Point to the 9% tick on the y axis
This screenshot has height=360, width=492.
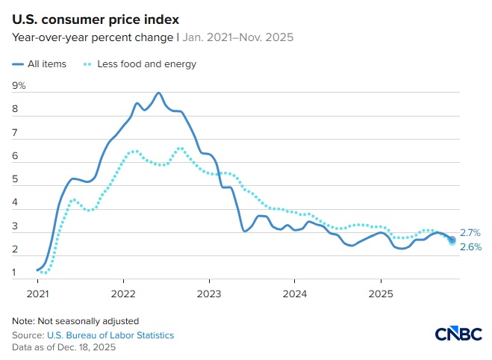pos(19,86)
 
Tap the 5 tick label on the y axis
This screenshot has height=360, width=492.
pos(16,179)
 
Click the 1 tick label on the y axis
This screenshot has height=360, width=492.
pos(16,273)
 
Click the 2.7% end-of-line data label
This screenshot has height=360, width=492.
pos(470,233)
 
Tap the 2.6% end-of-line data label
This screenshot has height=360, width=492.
pos(470,247)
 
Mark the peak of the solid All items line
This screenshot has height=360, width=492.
pos(158,93)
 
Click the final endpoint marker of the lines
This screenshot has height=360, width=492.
pos(452,240)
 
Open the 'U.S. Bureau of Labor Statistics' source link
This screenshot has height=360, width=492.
pos(110,335)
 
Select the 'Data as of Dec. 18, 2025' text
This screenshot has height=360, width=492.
pos(63,347)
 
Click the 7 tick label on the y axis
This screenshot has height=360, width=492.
pos(16,133)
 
